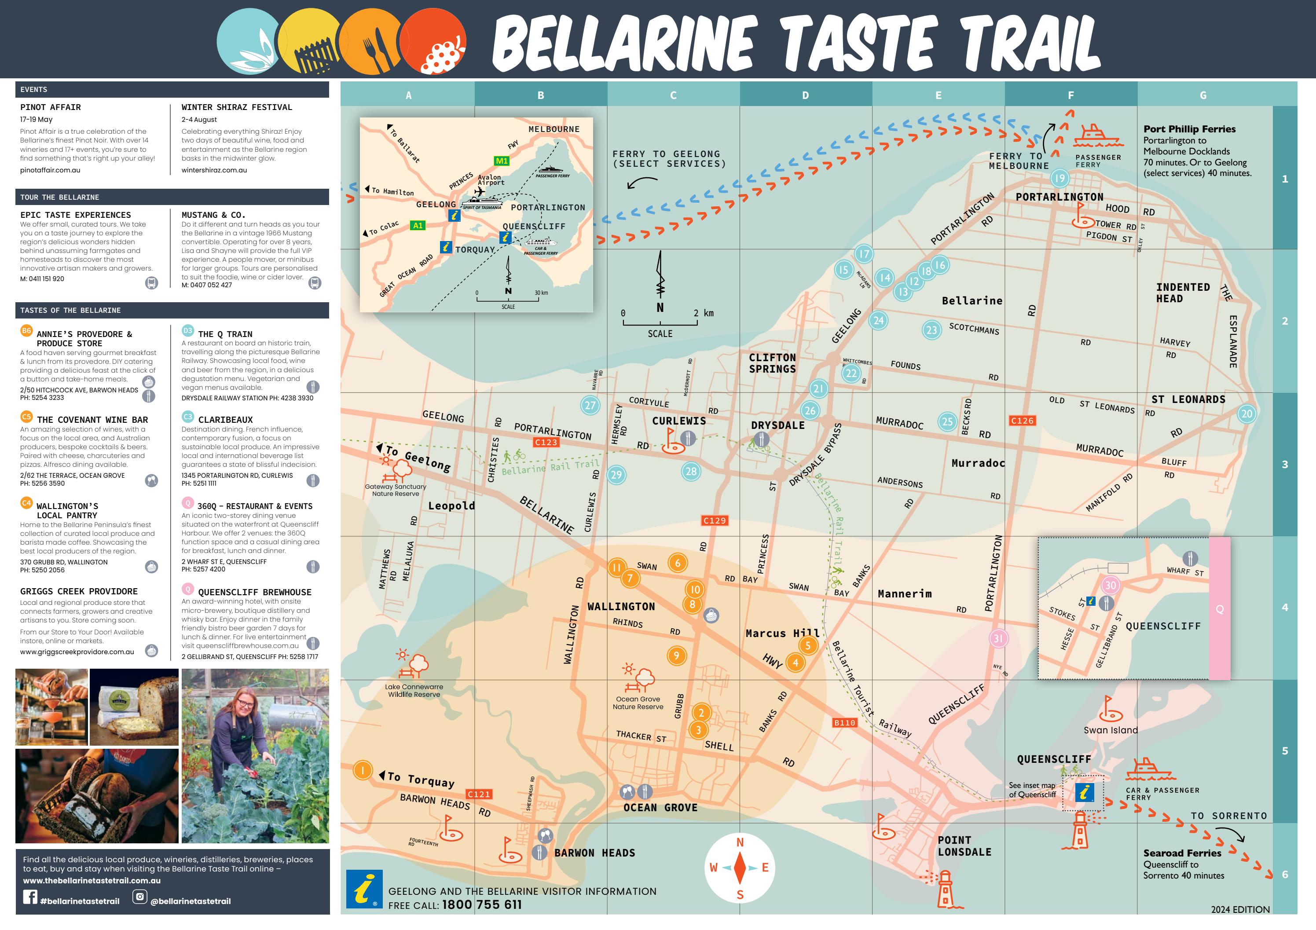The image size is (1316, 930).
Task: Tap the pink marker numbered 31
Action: click(998, 638)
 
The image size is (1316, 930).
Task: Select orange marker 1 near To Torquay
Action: click(362, 770)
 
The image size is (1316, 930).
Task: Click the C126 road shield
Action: click(1022, 421)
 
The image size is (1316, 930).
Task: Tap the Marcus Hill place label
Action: click(782, 633)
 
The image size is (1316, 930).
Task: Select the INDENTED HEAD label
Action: click(1182, 293)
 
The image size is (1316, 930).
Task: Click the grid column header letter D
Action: click(805, 95)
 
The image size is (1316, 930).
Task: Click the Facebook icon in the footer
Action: click(30, 896)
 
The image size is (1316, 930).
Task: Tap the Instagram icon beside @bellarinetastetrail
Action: click(139, 896)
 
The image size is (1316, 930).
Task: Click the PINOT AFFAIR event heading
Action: click(51, 107)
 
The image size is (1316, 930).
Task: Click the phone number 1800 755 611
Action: click(482, 905)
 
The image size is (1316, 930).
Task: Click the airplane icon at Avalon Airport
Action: click(480, 192)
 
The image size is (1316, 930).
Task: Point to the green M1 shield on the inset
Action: click(502, 161)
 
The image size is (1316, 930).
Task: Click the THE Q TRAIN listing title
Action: click(225, 334)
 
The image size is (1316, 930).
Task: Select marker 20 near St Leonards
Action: click(1246, 413)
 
